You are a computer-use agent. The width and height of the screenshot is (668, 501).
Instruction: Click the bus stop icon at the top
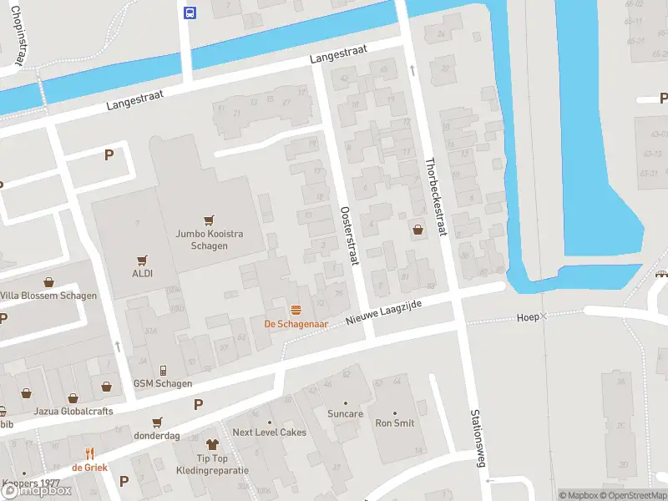pyautogui.click(x=190, y=12)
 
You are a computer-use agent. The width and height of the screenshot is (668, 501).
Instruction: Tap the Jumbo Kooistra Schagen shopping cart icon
pyautogui.click(x=209, y=220)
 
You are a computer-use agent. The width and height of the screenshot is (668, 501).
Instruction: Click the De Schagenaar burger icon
pyautogui.click(x=295, y=310)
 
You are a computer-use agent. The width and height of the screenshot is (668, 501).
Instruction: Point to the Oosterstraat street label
pyautogui.click(x=348, y=236)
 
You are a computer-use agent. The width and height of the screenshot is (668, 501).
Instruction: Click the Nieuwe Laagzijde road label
pyautogui.click(x=386, y=314)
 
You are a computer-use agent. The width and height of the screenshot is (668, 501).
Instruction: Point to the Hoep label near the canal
pyautogui.click(x=528, y=317)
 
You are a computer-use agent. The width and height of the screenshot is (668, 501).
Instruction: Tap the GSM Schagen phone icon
pyautogui.click(x=163, y=370)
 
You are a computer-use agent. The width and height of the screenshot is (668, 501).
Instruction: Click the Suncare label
pyautogui.click(x=346, y=413)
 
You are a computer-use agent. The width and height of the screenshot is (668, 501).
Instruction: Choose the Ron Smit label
pyautogui.click(x=395, y=423)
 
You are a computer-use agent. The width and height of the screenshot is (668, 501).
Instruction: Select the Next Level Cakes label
pyautogui.click(x=269, y=433)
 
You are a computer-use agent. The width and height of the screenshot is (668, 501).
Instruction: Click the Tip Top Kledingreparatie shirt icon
pyautogui.click(x=211, y=445)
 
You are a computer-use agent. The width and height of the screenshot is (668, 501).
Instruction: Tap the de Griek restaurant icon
pyautogui.click(x=89, y=453)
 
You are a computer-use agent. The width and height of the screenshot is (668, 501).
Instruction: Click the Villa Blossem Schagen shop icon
pyautogui.click(x=49, y=282)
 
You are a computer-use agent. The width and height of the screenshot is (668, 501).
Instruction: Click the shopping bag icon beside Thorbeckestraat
pyautogui.click(x=417, y=229)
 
